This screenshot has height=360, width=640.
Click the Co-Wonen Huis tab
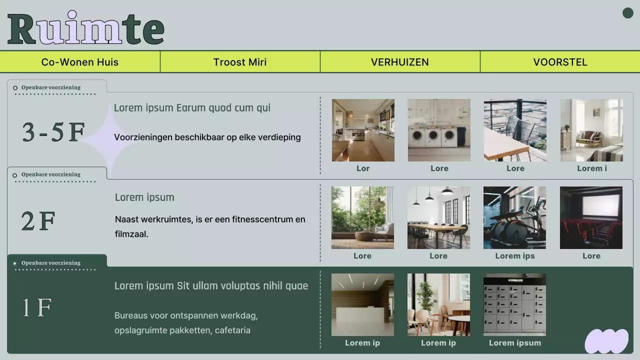[x=80, y=62]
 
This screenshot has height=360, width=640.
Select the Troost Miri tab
[x=240, y=62]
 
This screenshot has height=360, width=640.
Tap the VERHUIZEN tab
[x=400, y=62]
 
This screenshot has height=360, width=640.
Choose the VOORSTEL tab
[x=560, y=62]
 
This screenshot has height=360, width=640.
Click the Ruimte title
[x=86, y=28]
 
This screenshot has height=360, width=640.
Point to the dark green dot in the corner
[x=628, y=13]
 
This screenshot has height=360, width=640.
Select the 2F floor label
[x=38, y=221]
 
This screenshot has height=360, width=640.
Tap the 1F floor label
[x=37, y=308]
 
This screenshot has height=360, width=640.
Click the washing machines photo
[x=439, y=130]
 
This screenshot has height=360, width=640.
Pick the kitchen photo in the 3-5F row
[x=363, y=130]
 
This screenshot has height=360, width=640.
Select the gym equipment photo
[x=514, y=217]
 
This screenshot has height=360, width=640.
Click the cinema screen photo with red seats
[x=591, y=217]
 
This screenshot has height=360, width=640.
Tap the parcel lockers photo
[x=514, y=304]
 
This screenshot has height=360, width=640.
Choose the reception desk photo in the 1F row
[x=362, y=304]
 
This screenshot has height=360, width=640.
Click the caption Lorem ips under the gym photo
[x=515, y=256]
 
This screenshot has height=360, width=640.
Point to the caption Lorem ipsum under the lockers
[x=515, y=343]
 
